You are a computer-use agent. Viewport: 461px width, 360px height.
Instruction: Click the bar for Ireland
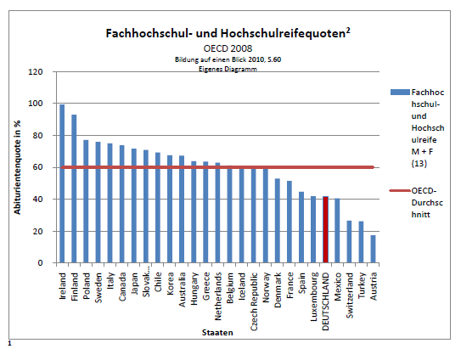pyautogui.click(x=62, y=183)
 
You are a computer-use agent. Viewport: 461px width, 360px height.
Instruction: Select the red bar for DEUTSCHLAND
pyautogui.click(x=325, y=229)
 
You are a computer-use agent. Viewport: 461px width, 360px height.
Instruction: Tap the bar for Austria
pyautogui.click(x=373, y=249)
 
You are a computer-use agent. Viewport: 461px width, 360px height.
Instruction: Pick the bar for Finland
pyautogui.click(x=74, y=188)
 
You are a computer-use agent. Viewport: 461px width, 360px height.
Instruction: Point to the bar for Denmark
pyautogui.click(x=278, y=221)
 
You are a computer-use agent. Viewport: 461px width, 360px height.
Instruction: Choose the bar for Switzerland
pyautogui.click(x=349, y=241)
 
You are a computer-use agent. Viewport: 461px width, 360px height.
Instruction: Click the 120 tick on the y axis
pyautogui.click(x=36, y=72)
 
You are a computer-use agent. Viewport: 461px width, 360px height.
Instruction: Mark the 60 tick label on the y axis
pyautogui.click(x=37, y=167)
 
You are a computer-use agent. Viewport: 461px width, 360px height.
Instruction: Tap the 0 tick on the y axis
pyautogui.click(x=40, y=263)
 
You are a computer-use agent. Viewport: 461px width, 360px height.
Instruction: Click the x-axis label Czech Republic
pyautogui.click(x=254, y=301)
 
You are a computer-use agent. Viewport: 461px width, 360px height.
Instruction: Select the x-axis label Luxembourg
pyautogui.click(x=314, y=297)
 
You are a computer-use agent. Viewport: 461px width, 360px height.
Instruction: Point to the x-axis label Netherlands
pyautogui.click(x=218, y=296)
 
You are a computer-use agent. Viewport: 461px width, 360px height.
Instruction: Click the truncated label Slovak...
pyautogui.click(x=146, y=284)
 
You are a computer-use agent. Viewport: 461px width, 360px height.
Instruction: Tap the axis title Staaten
pyautogui.click(x=217, y=333)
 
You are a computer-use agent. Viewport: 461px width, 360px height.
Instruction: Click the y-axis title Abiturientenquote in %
pyautogui.click(x=17, y=167)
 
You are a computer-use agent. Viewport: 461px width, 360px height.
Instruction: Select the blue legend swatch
pyautogui.click(x=400, y=93)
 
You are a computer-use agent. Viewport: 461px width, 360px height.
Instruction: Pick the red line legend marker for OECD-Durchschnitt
pyautogui.click(x=400, y=191)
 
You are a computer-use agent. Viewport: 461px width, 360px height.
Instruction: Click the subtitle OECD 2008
pyautogui.click(x=228, y=48)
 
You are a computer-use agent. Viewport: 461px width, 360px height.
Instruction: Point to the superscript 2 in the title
pyautogui.click(x=348, y=31)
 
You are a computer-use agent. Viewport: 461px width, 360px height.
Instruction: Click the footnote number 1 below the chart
pyautogui.click(x=9, y=344)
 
